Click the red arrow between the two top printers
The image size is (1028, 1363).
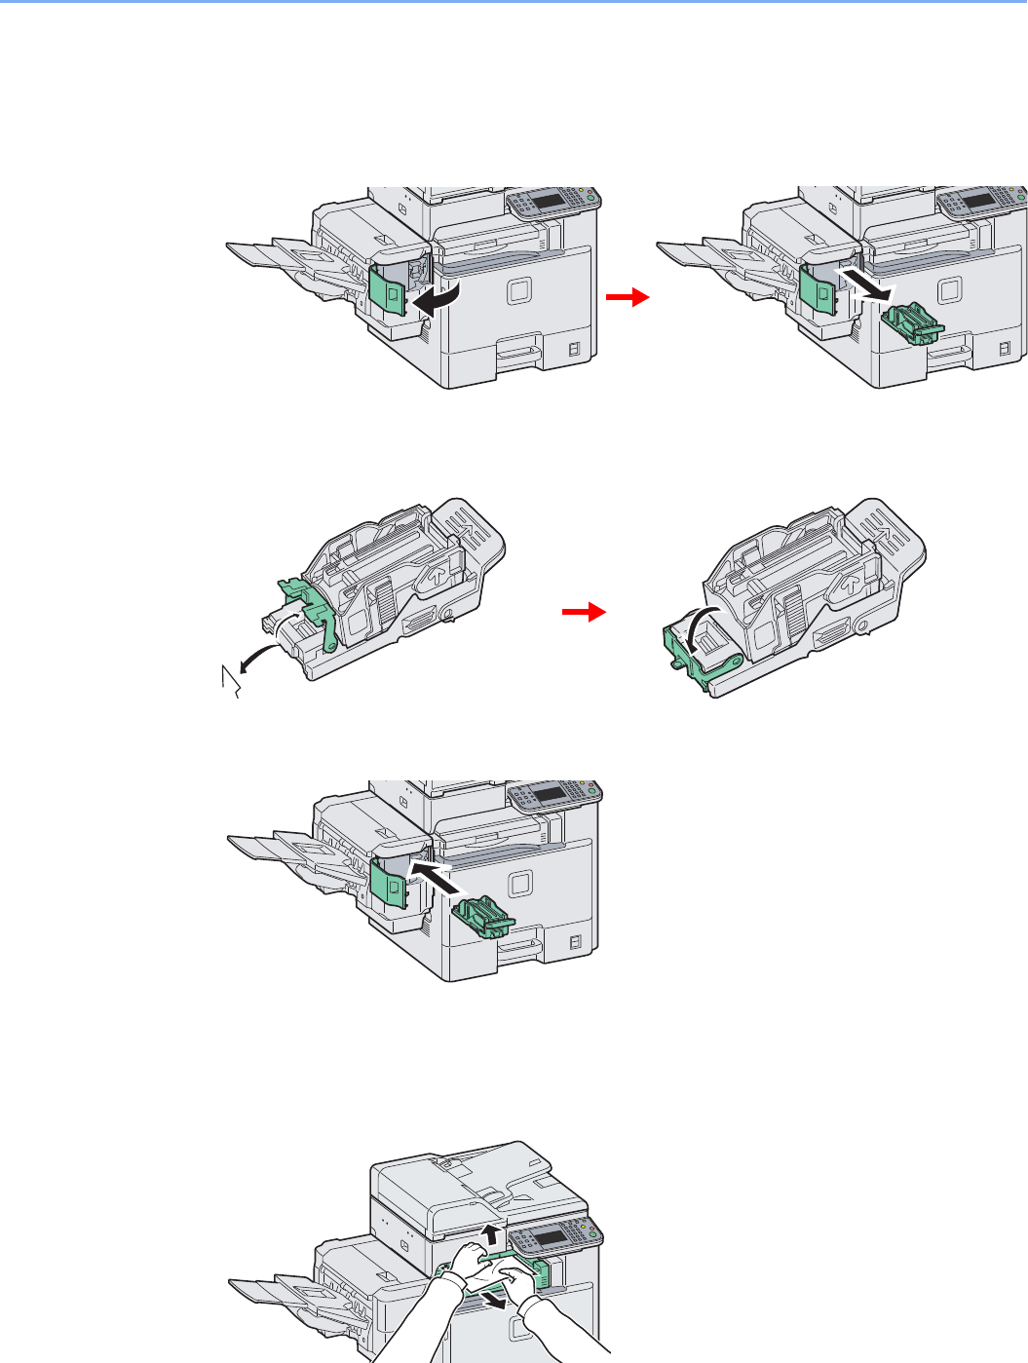[x=627, y=298]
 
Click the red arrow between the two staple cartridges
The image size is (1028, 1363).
[x=584, y=612]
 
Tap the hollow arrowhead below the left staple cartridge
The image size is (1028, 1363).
[x=231, y=679]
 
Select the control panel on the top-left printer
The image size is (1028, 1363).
[x=552, y=203]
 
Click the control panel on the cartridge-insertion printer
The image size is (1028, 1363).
[x=552, y=796]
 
